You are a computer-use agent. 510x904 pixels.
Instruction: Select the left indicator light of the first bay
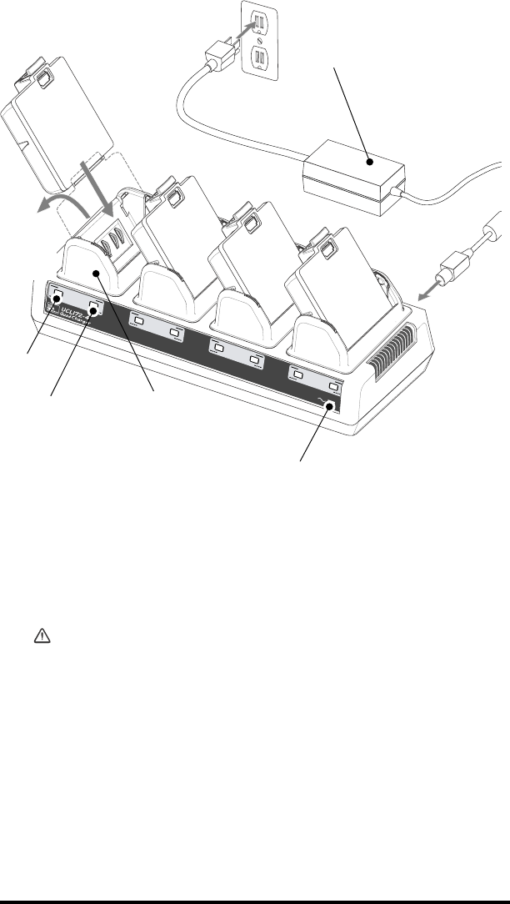[57, 297]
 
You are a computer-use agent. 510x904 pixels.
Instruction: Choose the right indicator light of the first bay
[95, 309]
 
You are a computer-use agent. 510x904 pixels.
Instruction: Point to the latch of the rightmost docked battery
[325, 249]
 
